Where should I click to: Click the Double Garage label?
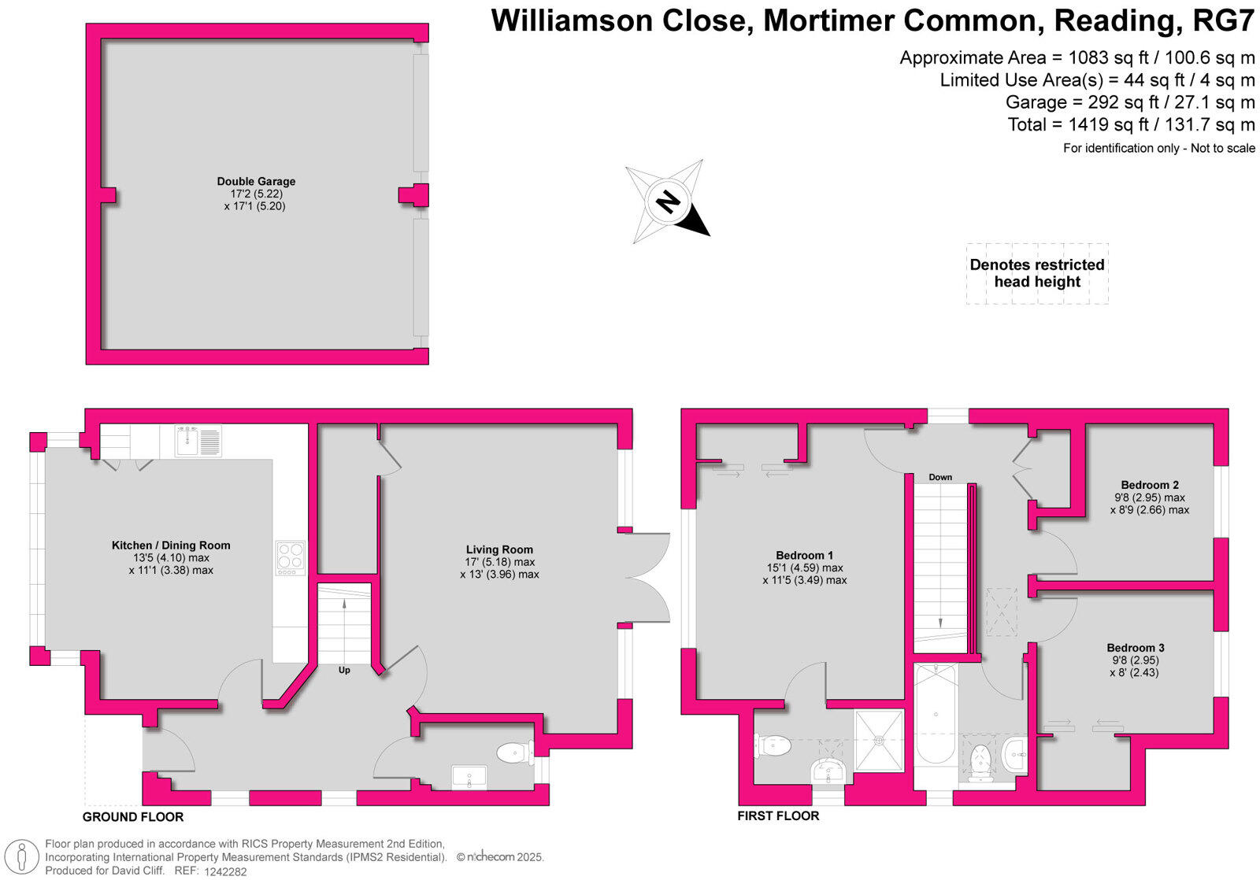click(256, 182)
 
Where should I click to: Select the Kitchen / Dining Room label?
click(171, 545)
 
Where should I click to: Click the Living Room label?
click(499, 550)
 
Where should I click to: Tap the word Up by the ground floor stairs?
click(344, 671)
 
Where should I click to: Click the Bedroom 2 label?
click(1150, 486)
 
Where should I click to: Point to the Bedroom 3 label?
click(1135, 649)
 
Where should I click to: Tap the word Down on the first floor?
click(940, 478)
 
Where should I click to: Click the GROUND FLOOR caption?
click(133, 817)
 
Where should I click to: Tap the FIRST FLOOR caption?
click(778, 816)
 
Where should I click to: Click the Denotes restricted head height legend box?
click(1037, 273)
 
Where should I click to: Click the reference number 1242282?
click(225, 871)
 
